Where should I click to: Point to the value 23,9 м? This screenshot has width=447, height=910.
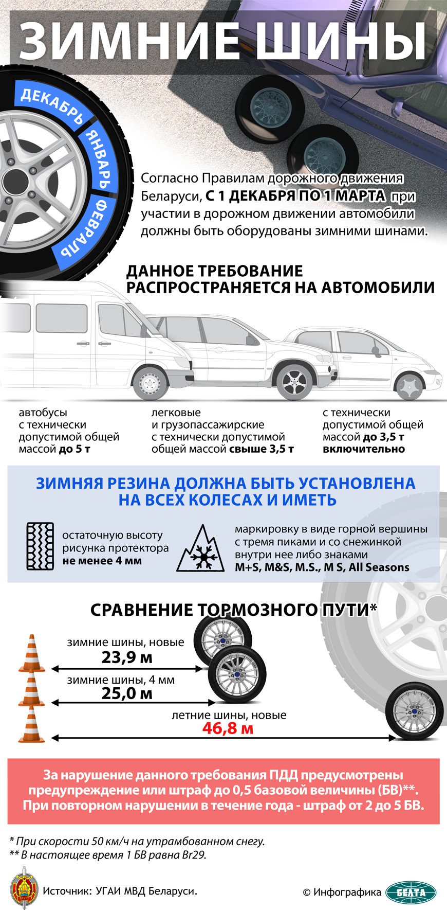click(126, 657)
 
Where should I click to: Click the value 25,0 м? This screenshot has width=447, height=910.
click(126, 693)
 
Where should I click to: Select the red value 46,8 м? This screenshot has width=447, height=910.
click(228, 728)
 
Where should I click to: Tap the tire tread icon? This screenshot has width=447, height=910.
click(40, 546)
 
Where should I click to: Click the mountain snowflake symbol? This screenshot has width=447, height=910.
click(201, 549)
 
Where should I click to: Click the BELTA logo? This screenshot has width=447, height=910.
click(411, 892)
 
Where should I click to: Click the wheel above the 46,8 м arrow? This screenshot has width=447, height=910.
click(414, 711)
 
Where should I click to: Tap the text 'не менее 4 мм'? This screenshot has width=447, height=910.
click(102, 561)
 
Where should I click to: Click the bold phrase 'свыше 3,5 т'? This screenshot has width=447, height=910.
click(261, 449)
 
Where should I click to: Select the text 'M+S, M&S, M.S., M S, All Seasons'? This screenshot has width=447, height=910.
click(322, 567)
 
